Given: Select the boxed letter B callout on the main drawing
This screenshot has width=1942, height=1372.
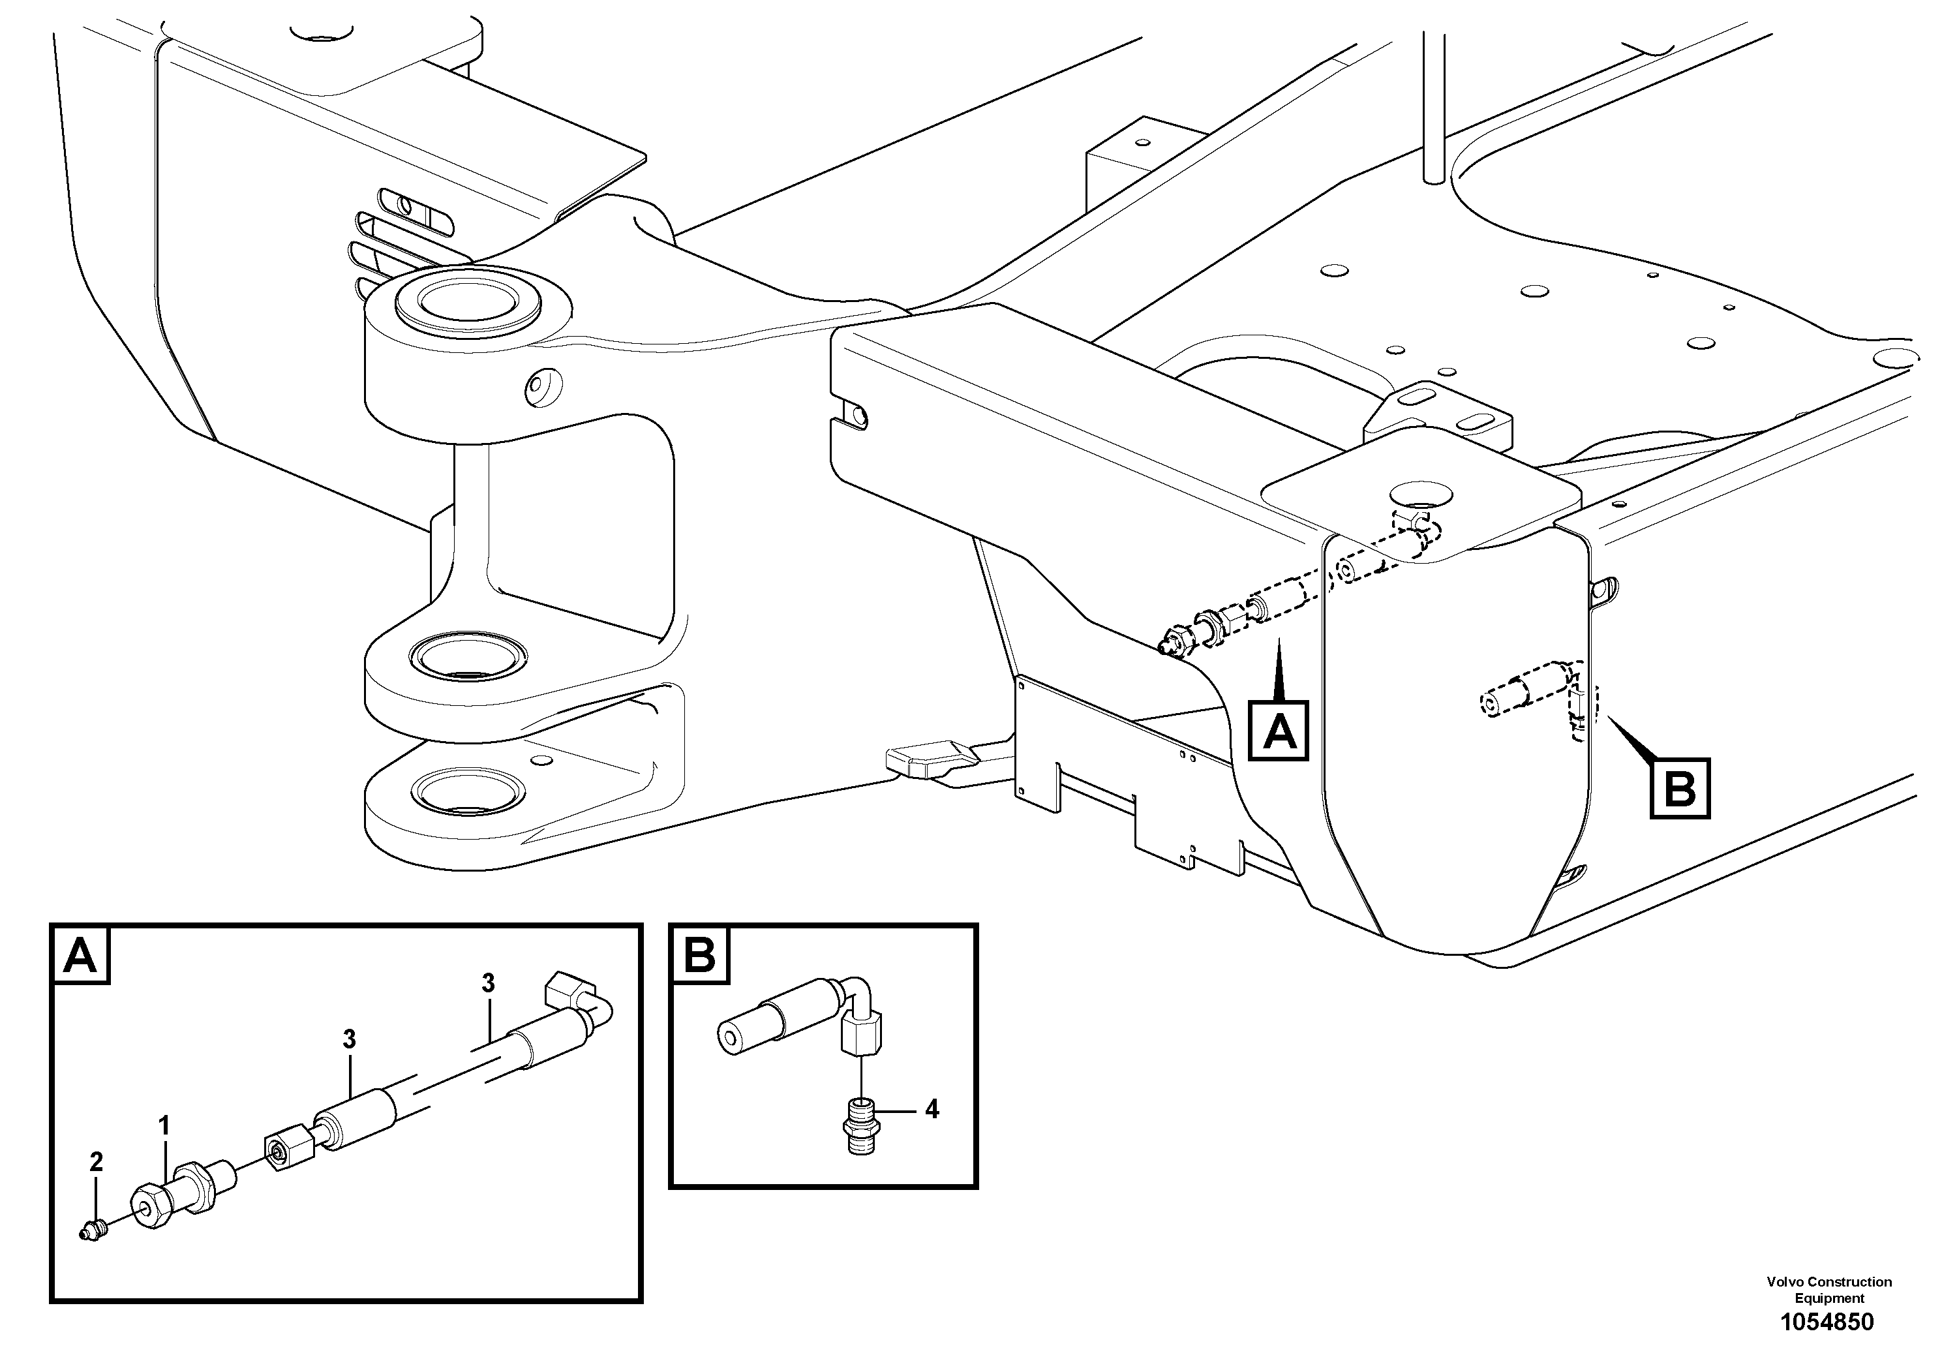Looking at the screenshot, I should tap(1680, 790).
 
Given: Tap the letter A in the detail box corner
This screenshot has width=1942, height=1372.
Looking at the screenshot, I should tap(80, 956).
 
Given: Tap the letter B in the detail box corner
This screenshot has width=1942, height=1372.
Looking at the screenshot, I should tap(699, 956).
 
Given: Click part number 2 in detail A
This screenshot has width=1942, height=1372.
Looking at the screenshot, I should tap(97, 1162).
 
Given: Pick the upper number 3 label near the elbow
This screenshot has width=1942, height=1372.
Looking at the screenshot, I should tap(488, 984).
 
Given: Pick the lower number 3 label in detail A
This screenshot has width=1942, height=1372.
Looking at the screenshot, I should tap(349, 1039).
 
